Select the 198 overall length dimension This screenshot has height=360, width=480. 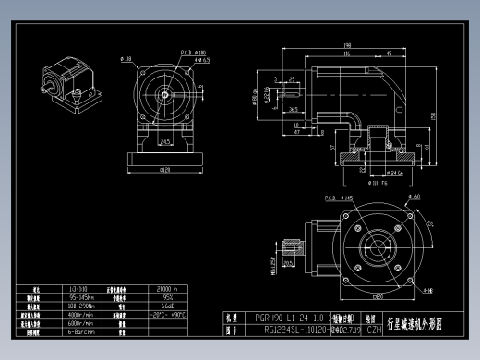tap(347, 44)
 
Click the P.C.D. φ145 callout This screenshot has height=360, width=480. tap(333, 198)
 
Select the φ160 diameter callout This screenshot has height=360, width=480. tap(414, 198)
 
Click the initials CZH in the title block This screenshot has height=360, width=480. tap(374, 328)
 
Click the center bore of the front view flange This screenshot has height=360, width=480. tap(164, 92)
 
